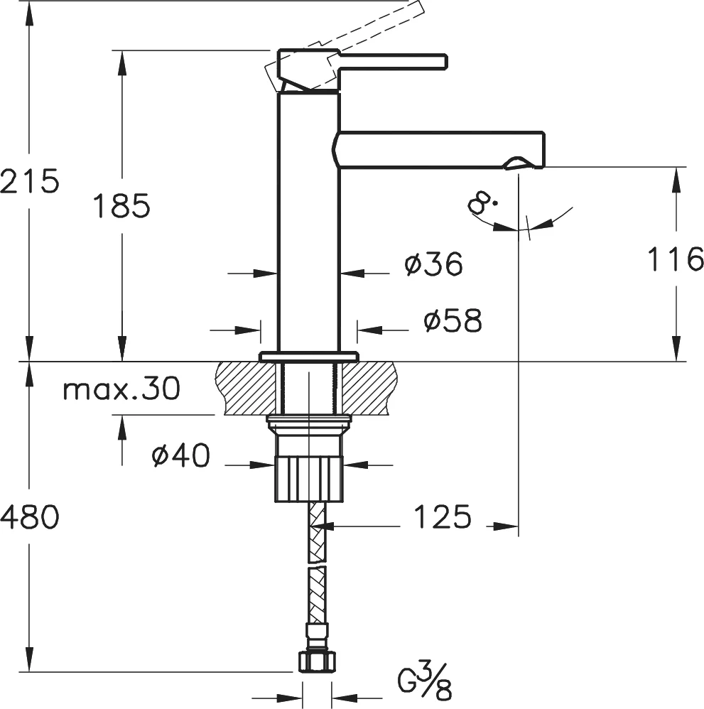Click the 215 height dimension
pos(29,182)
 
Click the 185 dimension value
pos(121,206)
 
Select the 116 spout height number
pos(674,259)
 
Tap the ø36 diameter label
pos(433,265)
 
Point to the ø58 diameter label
pos(453,321)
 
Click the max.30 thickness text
pos(121,389)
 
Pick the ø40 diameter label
pos(181,456)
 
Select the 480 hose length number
pos(29,518)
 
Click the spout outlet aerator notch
pos(517,166)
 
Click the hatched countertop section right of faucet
pos(369,387)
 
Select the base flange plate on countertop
pos(308,356)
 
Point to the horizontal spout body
pos(440,149)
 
